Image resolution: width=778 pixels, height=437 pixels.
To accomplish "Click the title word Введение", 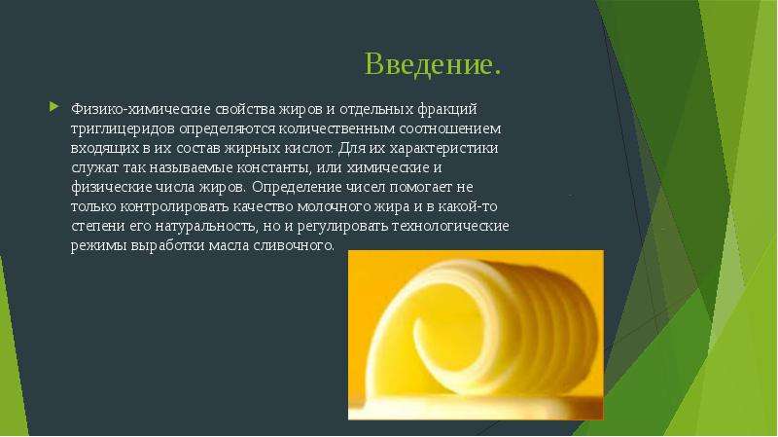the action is (433, 64).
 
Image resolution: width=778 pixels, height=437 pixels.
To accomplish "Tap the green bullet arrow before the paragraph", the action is (54, 106).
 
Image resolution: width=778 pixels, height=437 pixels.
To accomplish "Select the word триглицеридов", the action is (124, 129).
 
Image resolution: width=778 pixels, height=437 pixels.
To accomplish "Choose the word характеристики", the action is (443, 149).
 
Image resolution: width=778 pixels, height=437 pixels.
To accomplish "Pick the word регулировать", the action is (343, 227).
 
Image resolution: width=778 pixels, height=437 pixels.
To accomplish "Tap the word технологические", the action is (450, 226).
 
